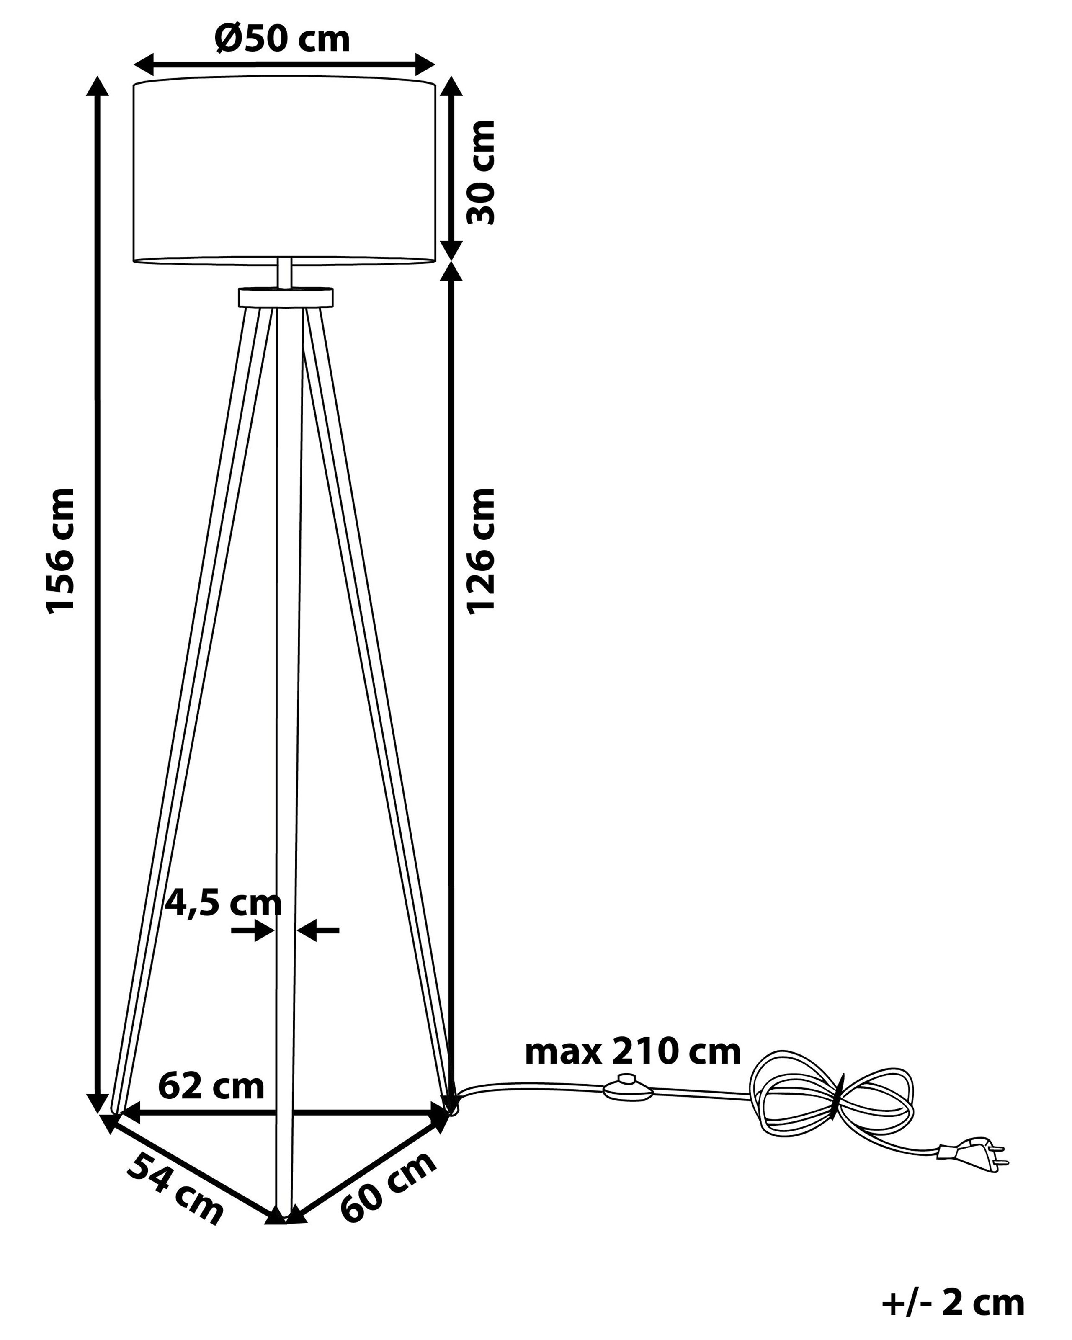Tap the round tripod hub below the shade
point(285,297)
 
